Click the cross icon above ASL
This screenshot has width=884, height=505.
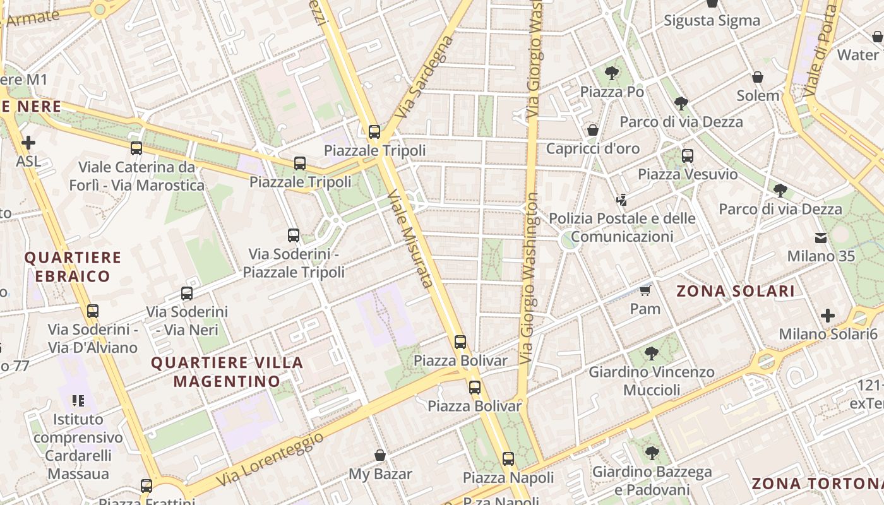28,143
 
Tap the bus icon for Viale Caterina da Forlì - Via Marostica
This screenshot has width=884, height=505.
136,148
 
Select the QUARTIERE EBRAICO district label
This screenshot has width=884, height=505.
73,266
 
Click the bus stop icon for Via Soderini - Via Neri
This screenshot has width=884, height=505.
187,294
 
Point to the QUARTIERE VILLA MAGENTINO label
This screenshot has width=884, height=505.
227,372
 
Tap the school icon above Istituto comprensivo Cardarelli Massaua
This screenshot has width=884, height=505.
78,400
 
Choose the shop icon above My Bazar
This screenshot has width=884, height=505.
380,455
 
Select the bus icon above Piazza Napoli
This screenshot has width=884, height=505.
508,459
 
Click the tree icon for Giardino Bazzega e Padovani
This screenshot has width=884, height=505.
652,453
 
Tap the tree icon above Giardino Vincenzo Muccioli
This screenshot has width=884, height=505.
652,353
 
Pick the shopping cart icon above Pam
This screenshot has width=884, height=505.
645,290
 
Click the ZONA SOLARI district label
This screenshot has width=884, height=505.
736,291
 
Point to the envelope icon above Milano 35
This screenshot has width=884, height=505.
820,238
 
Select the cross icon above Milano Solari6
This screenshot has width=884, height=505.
828,315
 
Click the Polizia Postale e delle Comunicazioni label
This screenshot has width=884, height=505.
622,227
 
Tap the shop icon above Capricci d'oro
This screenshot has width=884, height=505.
593,130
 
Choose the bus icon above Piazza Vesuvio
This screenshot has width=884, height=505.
688,155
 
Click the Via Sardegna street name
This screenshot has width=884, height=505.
424,77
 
